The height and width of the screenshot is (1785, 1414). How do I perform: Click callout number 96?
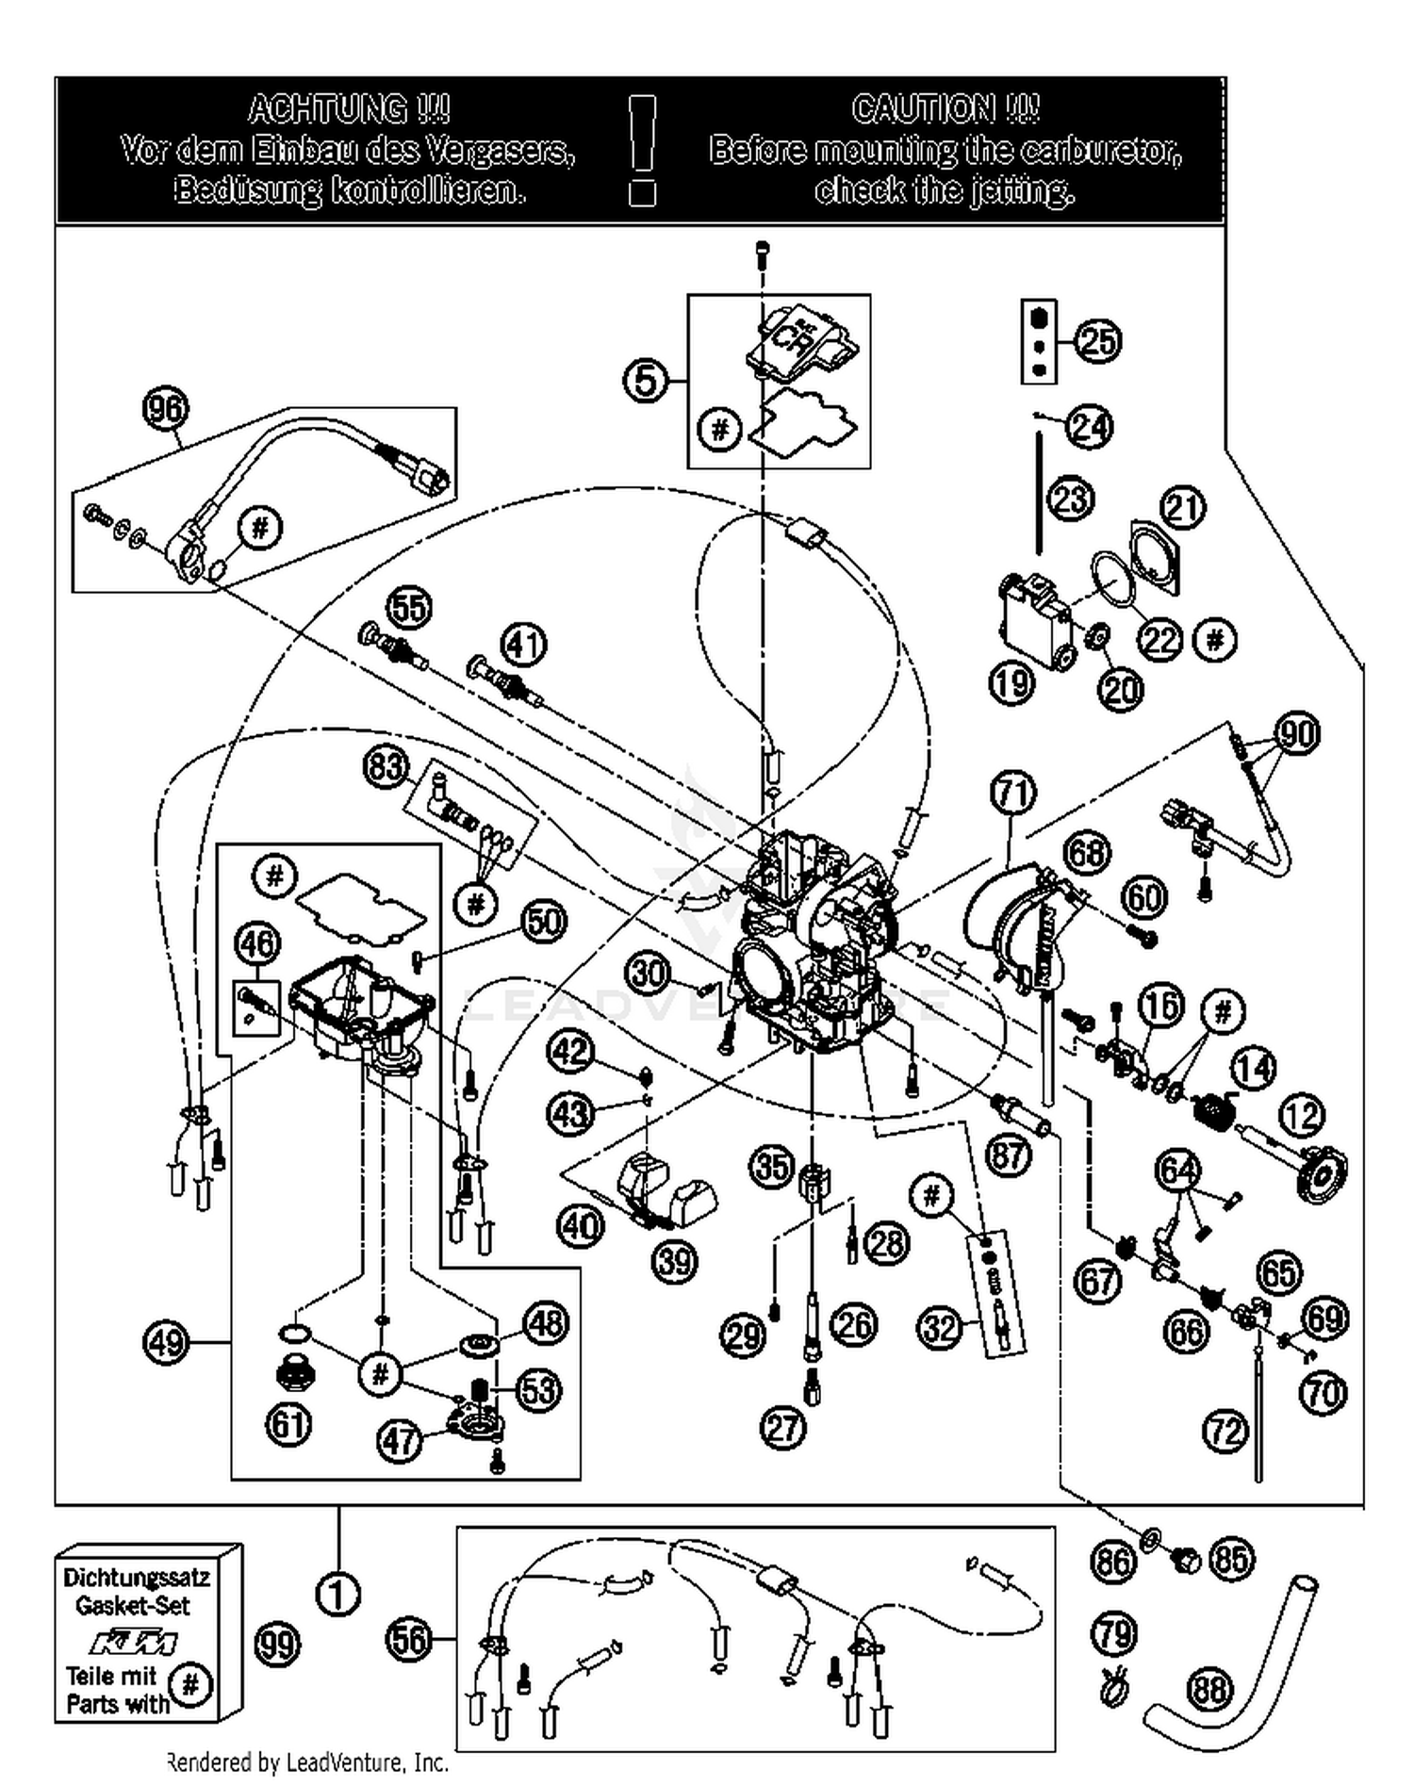tap(165, 409)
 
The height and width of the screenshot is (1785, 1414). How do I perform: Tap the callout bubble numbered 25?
tap(1097, 340)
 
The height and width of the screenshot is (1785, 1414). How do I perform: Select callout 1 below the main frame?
tap(337, 1595)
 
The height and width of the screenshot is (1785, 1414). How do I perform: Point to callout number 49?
tap(166, 1341)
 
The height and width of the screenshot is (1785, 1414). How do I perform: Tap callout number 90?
tap(1297, 732)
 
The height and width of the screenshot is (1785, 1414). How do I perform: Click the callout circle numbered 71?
tap(1013, 793)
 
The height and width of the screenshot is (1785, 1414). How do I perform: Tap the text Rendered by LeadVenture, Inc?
tap(307, 1761)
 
